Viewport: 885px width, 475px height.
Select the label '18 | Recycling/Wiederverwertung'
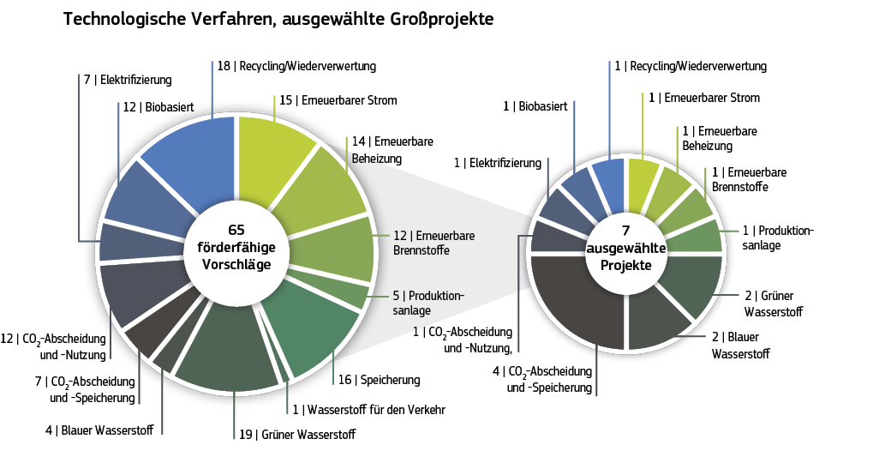tap(296, 66)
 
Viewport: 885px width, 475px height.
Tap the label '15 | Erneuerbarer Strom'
tap(338, 100)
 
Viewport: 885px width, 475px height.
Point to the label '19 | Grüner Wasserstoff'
tap(296, 434)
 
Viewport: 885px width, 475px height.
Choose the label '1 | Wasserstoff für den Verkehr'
tap(368, 410)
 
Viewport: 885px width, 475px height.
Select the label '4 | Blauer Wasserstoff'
tap(99, 430)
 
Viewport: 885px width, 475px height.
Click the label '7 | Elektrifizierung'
tap(127, 80)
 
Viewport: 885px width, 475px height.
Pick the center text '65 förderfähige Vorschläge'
tap(236, 247)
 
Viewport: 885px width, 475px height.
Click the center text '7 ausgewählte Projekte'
tap(625, 248)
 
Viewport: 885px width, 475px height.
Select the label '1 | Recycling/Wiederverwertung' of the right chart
tap(691, 66)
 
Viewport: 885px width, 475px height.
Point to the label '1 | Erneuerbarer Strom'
tap(703, 98)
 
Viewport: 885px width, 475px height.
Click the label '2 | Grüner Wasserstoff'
tap(775, 303)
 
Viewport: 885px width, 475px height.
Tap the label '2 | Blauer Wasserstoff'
tap(741, 345)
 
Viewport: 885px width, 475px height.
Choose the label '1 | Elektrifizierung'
tap(498, 163)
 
